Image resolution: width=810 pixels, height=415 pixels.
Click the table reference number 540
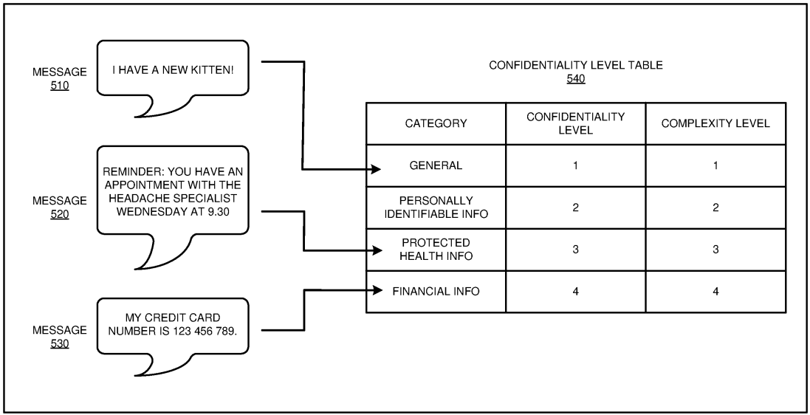click(x=576, y=78)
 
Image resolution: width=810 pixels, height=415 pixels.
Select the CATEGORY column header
click(x=436, y=123)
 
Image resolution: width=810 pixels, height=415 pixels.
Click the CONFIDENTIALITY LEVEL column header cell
click(x=575, y=123)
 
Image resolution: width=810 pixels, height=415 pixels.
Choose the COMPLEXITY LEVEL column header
click(x=715, y=123)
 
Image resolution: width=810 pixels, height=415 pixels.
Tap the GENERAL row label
click(x=436, y=165)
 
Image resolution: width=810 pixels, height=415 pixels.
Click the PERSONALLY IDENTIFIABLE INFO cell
click(x=436, y=207)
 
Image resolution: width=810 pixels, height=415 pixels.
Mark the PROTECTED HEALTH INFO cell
click(x=436, y=250)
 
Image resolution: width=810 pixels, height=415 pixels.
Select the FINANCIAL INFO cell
click(x=436, y=291)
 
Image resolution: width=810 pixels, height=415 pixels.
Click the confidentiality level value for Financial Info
click(x=575, y=291)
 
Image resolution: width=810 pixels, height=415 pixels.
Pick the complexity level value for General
click(x=715, y=165)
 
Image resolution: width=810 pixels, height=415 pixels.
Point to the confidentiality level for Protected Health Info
click(x=575, y=250)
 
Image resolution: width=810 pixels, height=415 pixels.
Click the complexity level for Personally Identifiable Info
click(x=715, y=207)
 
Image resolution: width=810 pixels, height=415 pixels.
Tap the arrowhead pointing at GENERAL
click(x=377, y=170)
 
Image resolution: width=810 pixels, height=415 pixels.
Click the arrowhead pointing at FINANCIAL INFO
click(x=377, y=291)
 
